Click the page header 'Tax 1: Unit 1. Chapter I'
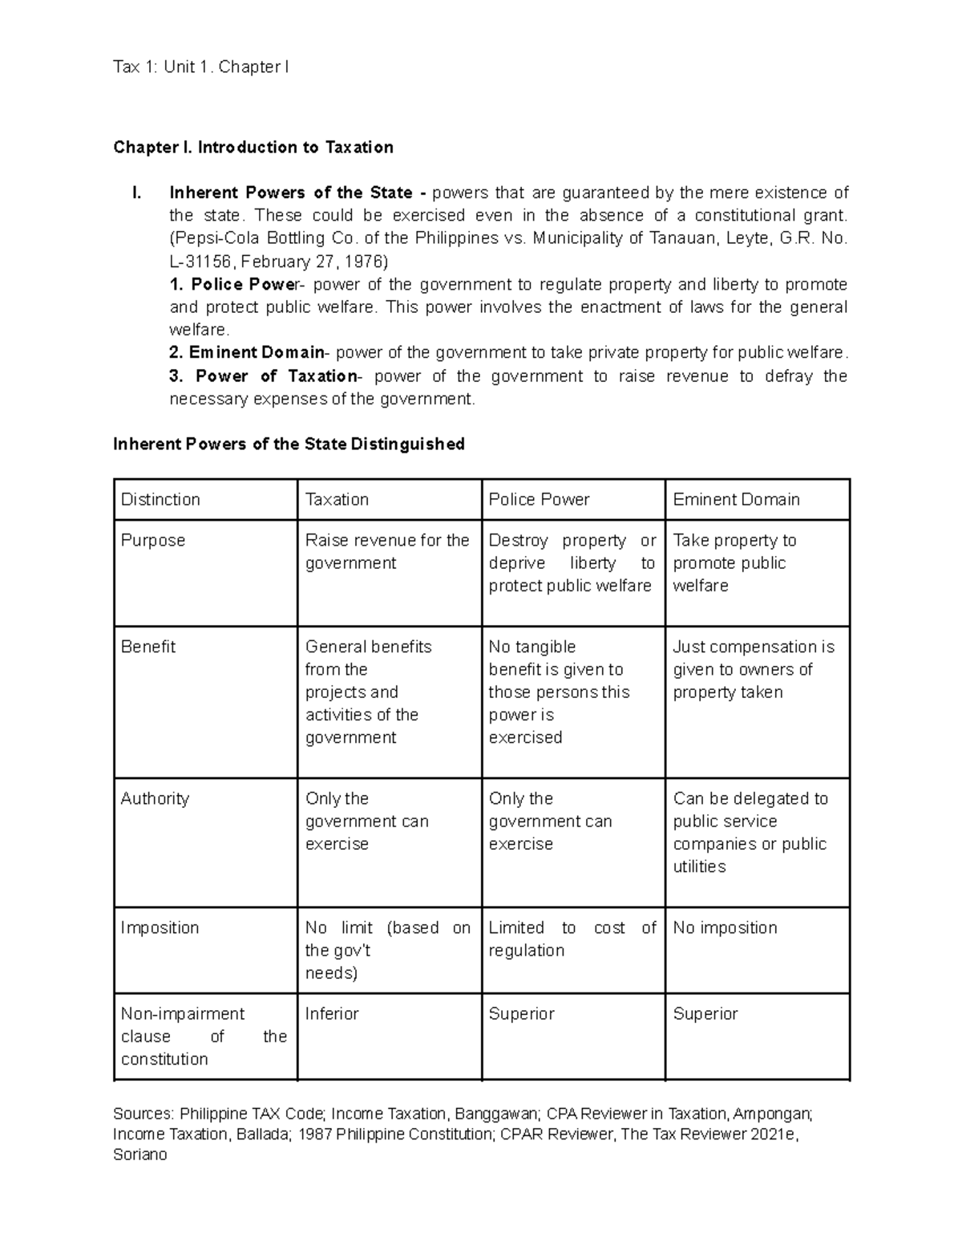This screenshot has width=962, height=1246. [x=201, y=67]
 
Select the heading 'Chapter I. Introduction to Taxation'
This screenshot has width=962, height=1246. [x=253, y=147]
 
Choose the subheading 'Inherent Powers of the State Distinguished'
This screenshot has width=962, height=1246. [x=289, y=444]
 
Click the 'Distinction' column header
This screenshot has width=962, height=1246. [x=160, y=499]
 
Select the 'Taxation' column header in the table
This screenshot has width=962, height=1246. [x=337, y=499]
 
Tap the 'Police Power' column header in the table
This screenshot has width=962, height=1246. [x=539, y=499]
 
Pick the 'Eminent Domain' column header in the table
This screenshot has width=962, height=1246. [x=736, y=499]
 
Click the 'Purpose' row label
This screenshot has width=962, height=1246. [x=152, y=540]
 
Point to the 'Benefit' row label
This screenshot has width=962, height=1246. [x=148, y=647]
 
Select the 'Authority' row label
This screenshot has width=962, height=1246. [x=155, y=798]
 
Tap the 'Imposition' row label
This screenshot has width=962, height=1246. [x=160, y=927]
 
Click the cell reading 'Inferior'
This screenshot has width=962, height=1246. [x=332, y=1013]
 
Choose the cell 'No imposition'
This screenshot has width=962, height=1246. [x=725, y=927]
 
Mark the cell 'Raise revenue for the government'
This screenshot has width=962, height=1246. [x=386, y=551]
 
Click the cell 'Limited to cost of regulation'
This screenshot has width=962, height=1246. [x=572, y=939]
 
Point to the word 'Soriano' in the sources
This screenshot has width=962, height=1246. [x=140, y=1155]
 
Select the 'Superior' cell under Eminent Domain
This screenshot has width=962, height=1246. [x=705, y=1013]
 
